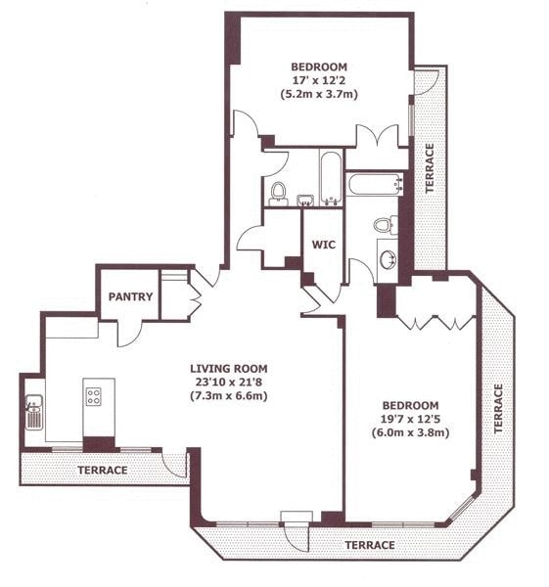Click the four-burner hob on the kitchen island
pyautogui.click(x=95, y=396)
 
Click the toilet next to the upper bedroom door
pyautogui.click(x=278, y=192)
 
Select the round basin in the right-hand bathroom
pyautogui.click(x=388, y=261)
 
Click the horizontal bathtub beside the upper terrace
pyautogui.click(x=376, y=184)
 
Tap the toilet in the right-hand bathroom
pyautogui.click(x=386, y=225)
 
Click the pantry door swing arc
pyautogui.click(x=129, y=333)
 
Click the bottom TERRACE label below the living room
pyautogui.click(x=368, y=545)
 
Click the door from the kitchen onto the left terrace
pyautogui.click(x=175, y=465)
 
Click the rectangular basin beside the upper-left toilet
pyautogui.click(x=303, y=200)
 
